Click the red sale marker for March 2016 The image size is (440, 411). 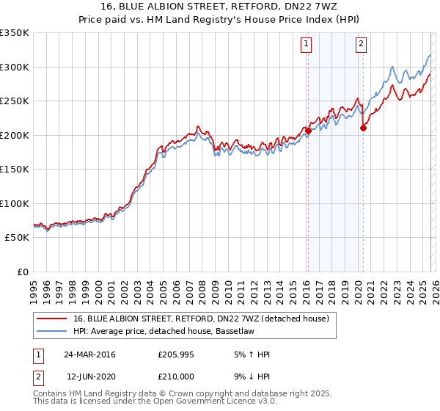click(x=308, y=131)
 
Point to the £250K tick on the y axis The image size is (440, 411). click(x=15, y=101)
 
